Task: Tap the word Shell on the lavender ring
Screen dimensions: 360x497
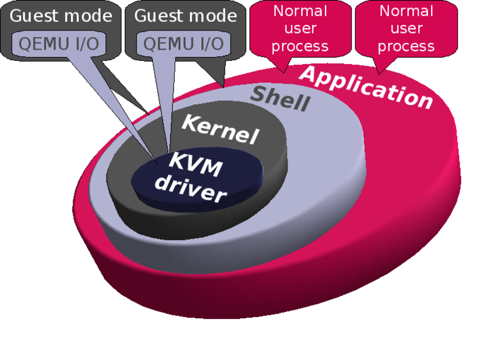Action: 280,99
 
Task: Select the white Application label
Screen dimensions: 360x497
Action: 367,87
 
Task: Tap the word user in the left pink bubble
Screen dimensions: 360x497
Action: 300,28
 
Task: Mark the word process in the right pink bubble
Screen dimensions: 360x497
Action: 406,46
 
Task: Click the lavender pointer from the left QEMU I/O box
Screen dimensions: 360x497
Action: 124,112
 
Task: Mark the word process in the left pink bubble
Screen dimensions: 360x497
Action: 300,46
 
